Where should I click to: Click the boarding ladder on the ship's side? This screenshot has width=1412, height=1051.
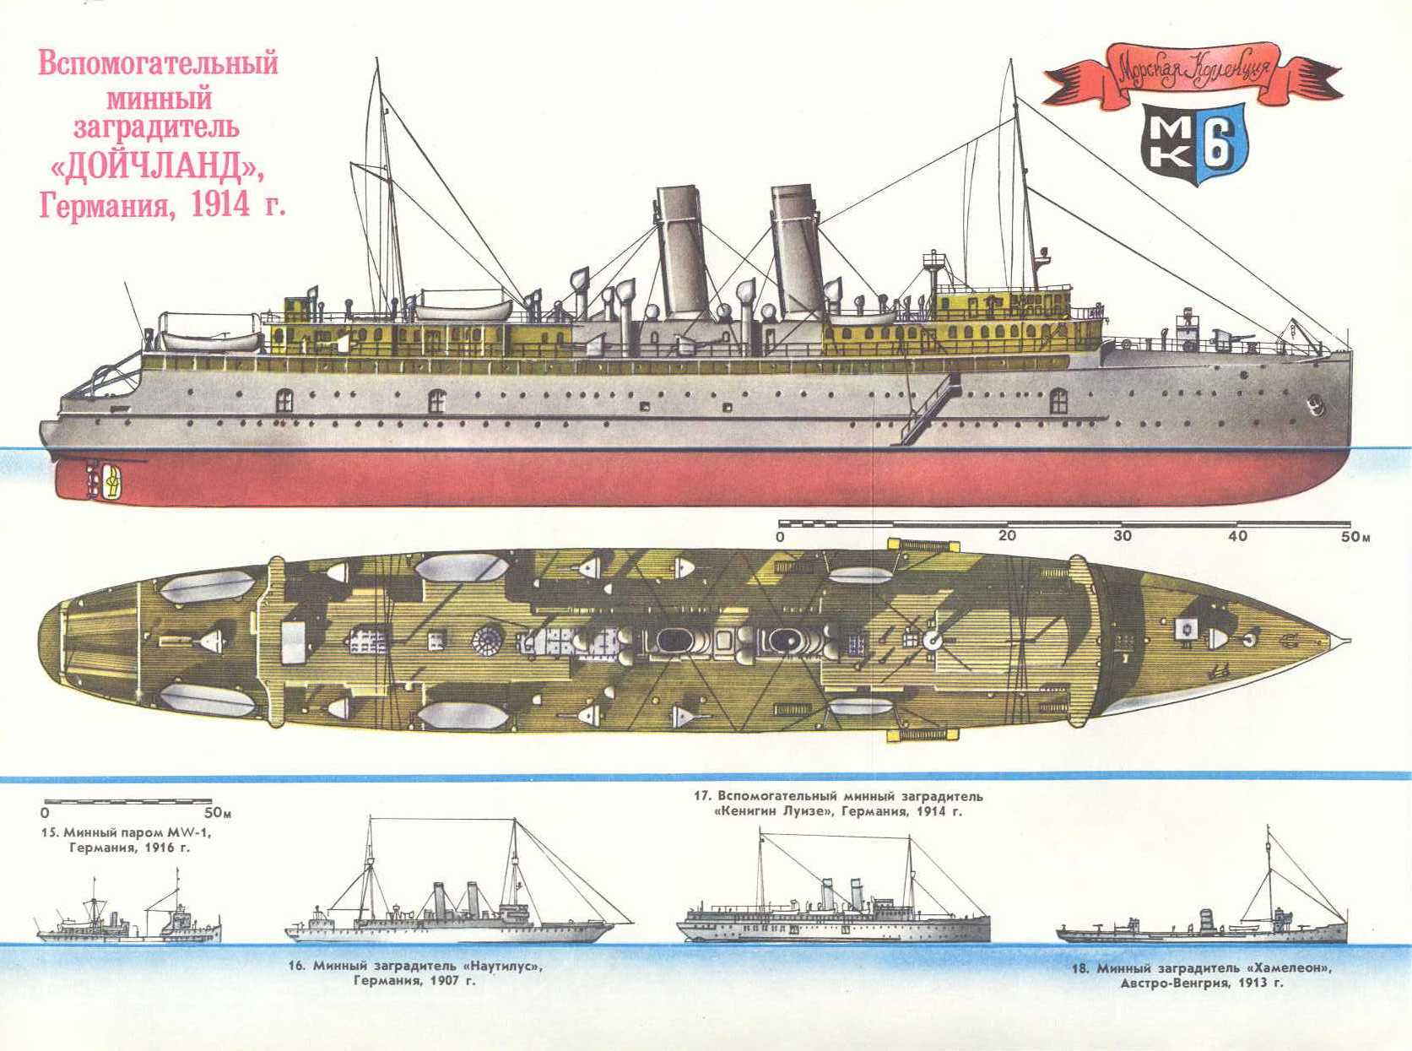tap(925, 409)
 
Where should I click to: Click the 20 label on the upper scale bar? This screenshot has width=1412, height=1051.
tap(1007, 536)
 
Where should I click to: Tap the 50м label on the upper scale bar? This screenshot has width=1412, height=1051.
tap(1355, 537)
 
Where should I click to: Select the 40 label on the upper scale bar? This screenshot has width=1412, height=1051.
tap(1237, 536)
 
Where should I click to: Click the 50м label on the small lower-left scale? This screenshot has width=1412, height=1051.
tap(219, 814)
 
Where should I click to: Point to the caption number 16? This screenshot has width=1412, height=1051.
tap(296, 966)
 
